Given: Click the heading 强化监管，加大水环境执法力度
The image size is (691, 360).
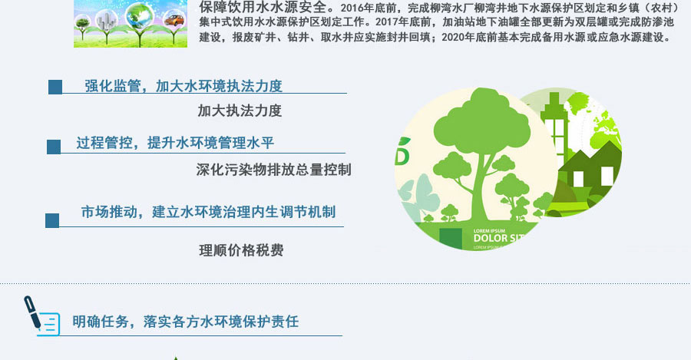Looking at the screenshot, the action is tap(183, 86).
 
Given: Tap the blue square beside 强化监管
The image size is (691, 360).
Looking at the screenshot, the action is tap(55, 87).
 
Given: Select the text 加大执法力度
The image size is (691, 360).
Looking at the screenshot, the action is tap(240, 111).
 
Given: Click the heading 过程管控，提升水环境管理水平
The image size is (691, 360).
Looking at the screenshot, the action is tap(175, 143).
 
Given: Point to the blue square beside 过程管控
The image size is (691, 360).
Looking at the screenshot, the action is tap(54, 147).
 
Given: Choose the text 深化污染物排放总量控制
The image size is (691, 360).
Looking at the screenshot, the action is tap(273, 170).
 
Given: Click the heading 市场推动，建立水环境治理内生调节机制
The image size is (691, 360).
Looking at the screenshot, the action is tap(208, 212).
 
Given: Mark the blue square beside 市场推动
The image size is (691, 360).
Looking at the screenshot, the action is tap(52, 221).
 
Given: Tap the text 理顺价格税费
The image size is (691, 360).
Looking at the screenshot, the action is tap(241, 250).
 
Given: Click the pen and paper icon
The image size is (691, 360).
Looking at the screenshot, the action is tap(42, 316).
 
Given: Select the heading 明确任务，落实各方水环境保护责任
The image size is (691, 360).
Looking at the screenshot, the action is tap(186, 321).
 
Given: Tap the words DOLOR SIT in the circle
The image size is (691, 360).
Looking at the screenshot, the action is tap(499, 239).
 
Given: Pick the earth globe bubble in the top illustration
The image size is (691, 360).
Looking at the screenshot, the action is tap(139, 15).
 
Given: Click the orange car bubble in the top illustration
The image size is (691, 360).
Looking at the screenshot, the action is tap(174, 20).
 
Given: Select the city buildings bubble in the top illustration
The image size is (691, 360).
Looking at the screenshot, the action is tap(106, 20).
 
